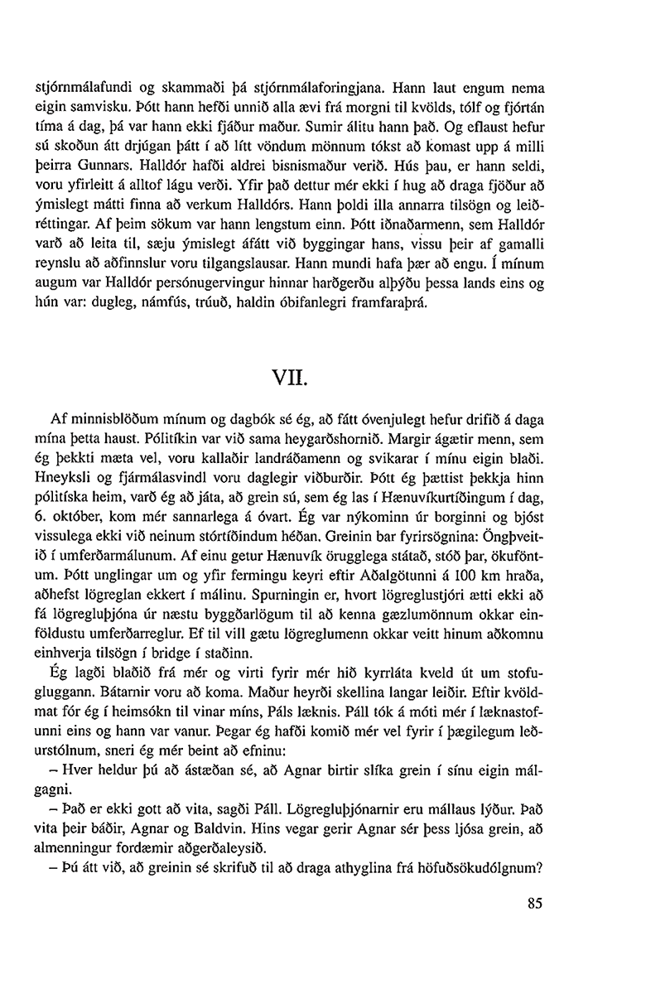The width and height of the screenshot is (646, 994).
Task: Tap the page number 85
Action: click(535, 904)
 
